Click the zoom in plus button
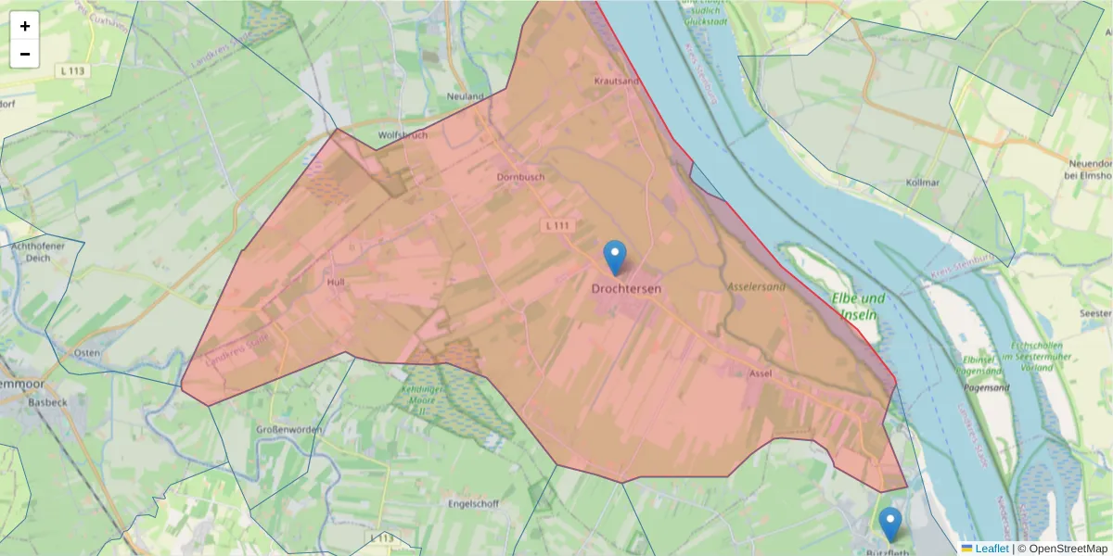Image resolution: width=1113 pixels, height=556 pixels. [x=25, y=26]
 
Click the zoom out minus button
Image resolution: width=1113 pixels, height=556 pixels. [x=25, y=54]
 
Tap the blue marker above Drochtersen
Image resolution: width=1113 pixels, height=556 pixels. [x=614, y=257]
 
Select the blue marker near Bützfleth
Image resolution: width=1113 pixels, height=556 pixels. [x=890, y=524]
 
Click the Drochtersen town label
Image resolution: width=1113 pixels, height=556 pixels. [x=627, y=289]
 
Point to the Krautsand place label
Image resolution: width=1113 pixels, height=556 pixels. [x=617, y=82]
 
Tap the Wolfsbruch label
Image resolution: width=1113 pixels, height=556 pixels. [x=403, y=135]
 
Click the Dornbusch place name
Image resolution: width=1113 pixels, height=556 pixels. [x=520, y=177]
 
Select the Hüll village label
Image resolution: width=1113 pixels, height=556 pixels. [x=336, y=281]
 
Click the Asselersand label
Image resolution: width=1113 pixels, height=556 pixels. [x=756, y=287]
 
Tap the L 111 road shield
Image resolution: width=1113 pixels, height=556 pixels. [x=557, y=225]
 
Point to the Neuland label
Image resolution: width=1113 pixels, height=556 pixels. [x=466, y=96]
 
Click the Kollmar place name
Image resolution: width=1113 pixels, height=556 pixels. [x=924, y=183]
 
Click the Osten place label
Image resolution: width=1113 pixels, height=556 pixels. [x=86, y=353]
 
